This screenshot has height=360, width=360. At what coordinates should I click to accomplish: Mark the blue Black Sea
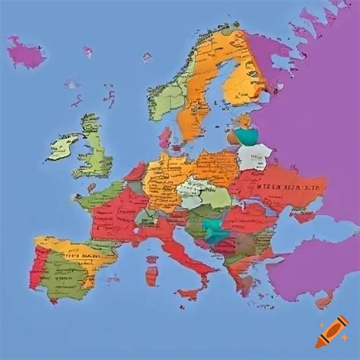tap(304, 228)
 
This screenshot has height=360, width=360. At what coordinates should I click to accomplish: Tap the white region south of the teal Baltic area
tap(251, 156)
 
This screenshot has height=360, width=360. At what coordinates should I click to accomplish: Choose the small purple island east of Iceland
tap(88, 52)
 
